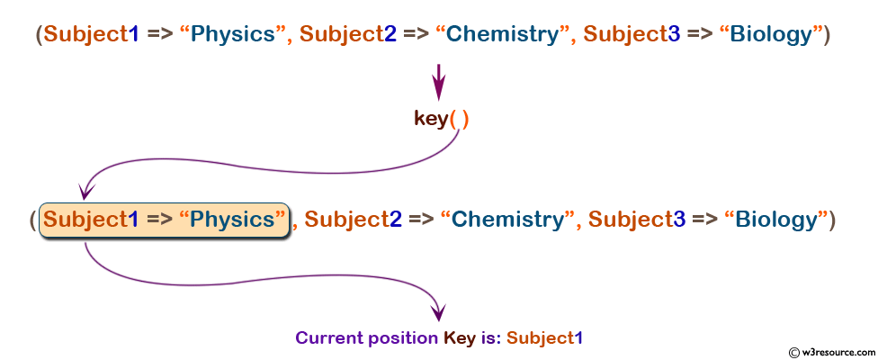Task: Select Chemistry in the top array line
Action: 502,35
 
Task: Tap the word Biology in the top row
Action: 772,35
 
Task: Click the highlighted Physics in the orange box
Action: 232,220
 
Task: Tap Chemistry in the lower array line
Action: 507,220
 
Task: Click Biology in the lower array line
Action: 777,220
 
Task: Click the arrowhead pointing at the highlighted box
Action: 86,191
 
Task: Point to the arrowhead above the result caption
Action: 438,311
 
